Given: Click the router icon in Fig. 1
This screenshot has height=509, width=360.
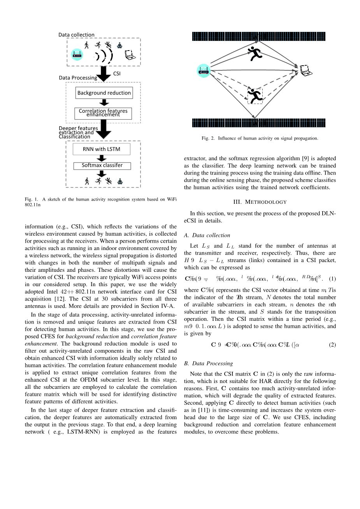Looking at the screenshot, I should (77, 55).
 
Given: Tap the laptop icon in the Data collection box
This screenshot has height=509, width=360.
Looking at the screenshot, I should (130, 55).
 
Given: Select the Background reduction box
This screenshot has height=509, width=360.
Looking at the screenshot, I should (104, 93).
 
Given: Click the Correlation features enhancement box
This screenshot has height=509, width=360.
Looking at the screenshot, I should (103, 113).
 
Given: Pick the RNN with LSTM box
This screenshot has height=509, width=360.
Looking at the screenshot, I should (102, 149).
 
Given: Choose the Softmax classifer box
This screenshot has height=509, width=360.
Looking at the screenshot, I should (102, 166).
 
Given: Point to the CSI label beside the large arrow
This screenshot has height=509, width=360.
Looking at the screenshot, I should (117, 73).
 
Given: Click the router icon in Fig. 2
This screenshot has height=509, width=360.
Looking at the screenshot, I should (204, 70).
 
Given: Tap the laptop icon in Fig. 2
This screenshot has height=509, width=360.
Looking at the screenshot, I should (306, 70).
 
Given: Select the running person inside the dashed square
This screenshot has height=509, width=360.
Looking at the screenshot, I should (255, 96).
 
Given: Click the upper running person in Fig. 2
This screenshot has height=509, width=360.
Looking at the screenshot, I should (255, 53).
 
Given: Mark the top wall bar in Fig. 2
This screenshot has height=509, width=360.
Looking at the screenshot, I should (258, 37).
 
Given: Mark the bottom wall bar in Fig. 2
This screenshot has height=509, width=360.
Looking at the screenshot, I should (258, 123).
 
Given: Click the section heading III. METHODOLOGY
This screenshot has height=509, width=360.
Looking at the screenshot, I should (260, 202).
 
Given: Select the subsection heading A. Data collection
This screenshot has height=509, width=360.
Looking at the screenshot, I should (207, 235).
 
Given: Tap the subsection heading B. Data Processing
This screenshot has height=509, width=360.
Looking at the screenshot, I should (209, 364).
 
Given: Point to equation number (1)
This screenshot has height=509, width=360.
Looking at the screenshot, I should (332, 279).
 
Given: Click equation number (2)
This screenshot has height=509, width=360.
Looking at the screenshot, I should (332, 345).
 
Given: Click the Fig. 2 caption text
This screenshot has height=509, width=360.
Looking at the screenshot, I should (260, 138).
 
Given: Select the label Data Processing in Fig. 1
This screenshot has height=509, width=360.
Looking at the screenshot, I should (78, 78).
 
